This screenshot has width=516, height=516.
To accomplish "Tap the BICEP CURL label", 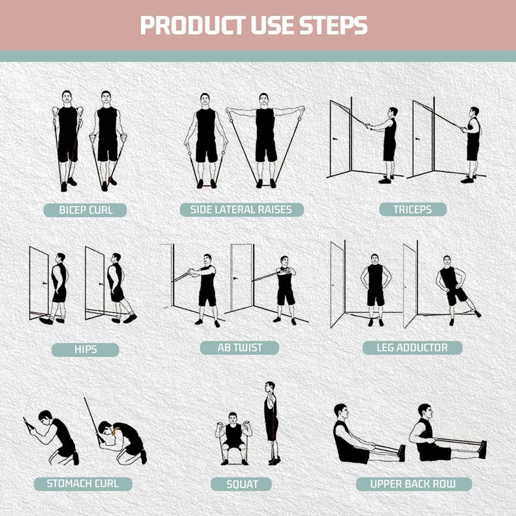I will pyautogui.click(x=85, y=210).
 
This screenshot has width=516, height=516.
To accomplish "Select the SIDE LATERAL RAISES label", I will pyautogui.click(x=241, y=209).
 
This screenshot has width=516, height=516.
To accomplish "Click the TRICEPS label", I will pyautogui.click(x=412, y=209).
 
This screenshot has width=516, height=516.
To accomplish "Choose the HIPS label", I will pyautogui.click(x=85, y=349).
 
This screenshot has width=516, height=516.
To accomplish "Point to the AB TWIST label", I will pyautogui.click(x=240, y=347).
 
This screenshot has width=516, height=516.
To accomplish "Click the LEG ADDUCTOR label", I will pyautogui.click(x=412, y=347).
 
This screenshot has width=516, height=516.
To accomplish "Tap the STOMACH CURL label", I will pyautogui.click(x=83, y=483).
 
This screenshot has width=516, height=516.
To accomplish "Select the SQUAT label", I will pyautogui.click(x=242, y=485).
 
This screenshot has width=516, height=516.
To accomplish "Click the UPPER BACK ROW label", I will pyautogui.click(x=413, y=484).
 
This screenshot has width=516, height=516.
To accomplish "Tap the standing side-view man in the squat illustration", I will pyautogui.click(x=270, y=421).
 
